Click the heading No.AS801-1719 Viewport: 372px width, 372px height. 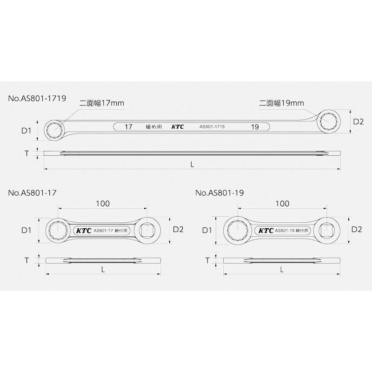point(37,98)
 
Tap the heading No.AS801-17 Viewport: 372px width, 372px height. point(32,193)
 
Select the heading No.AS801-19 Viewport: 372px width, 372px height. point(219,193)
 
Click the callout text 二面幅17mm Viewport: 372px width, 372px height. point(101,103)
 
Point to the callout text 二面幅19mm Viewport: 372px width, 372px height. point(281,103)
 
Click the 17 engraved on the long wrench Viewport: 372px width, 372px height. point(128,127)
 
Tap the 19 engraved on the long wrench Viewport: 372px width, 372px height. point(255,127)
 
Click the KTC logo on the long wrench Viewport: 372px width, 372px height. point(178,127)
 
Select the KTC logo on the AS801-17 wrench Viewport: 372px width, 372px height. point(84,231)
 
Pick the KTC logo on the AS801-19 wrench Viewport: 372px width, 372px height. point(266,231)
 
